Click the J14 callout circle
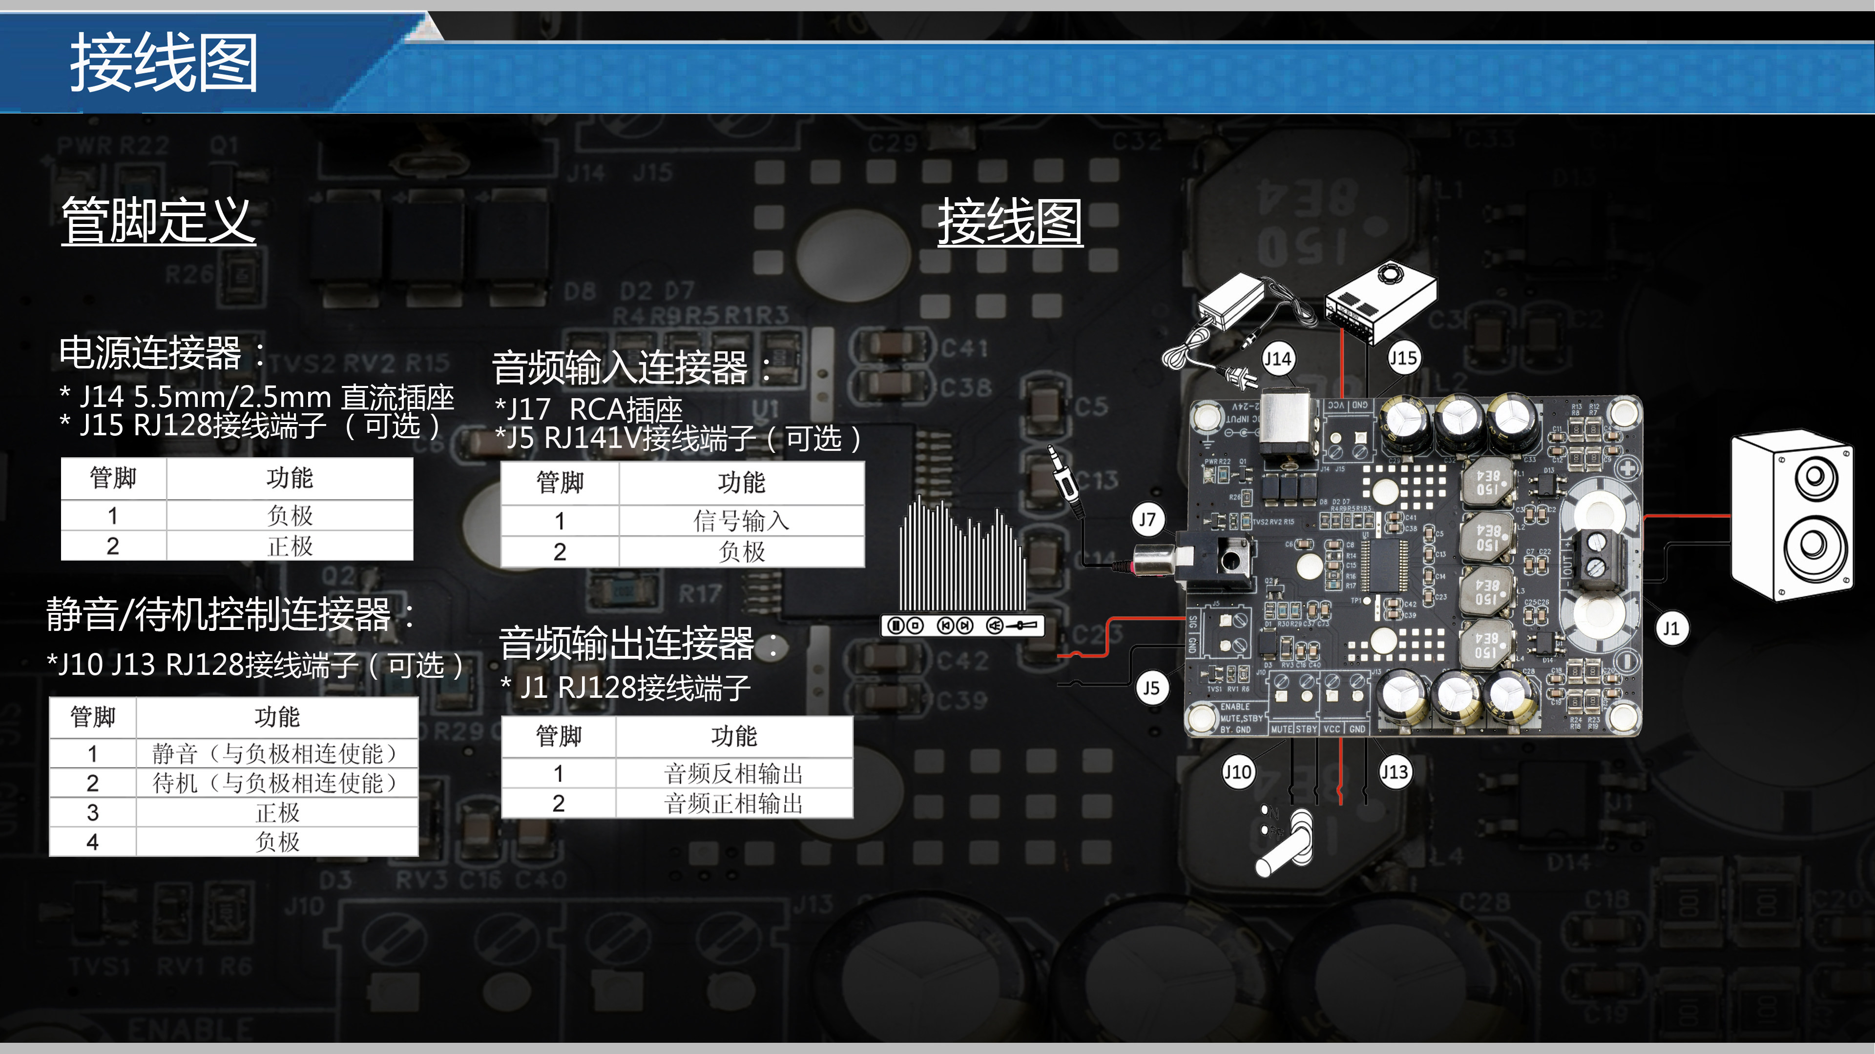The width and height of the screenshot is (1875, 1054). tap(1277, 359)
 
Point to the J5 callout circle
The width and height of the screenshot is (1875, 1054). tap(1151, 688)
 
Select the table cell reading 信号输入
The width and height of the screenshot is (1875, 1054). tap(741, 521)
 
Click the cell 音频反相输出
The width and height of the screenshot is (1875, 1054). tap(734, 773)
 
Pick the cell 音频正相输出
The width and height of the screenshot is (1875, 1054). tap(734, 804)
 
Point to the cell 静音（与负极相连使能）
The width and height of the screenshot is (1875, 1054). tap(276, 753)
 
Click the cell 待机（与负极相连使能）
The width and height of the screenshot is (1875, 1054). tap(276, 783)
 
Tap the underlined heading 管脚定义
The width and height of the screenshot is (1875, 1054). tap(159, 221)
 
